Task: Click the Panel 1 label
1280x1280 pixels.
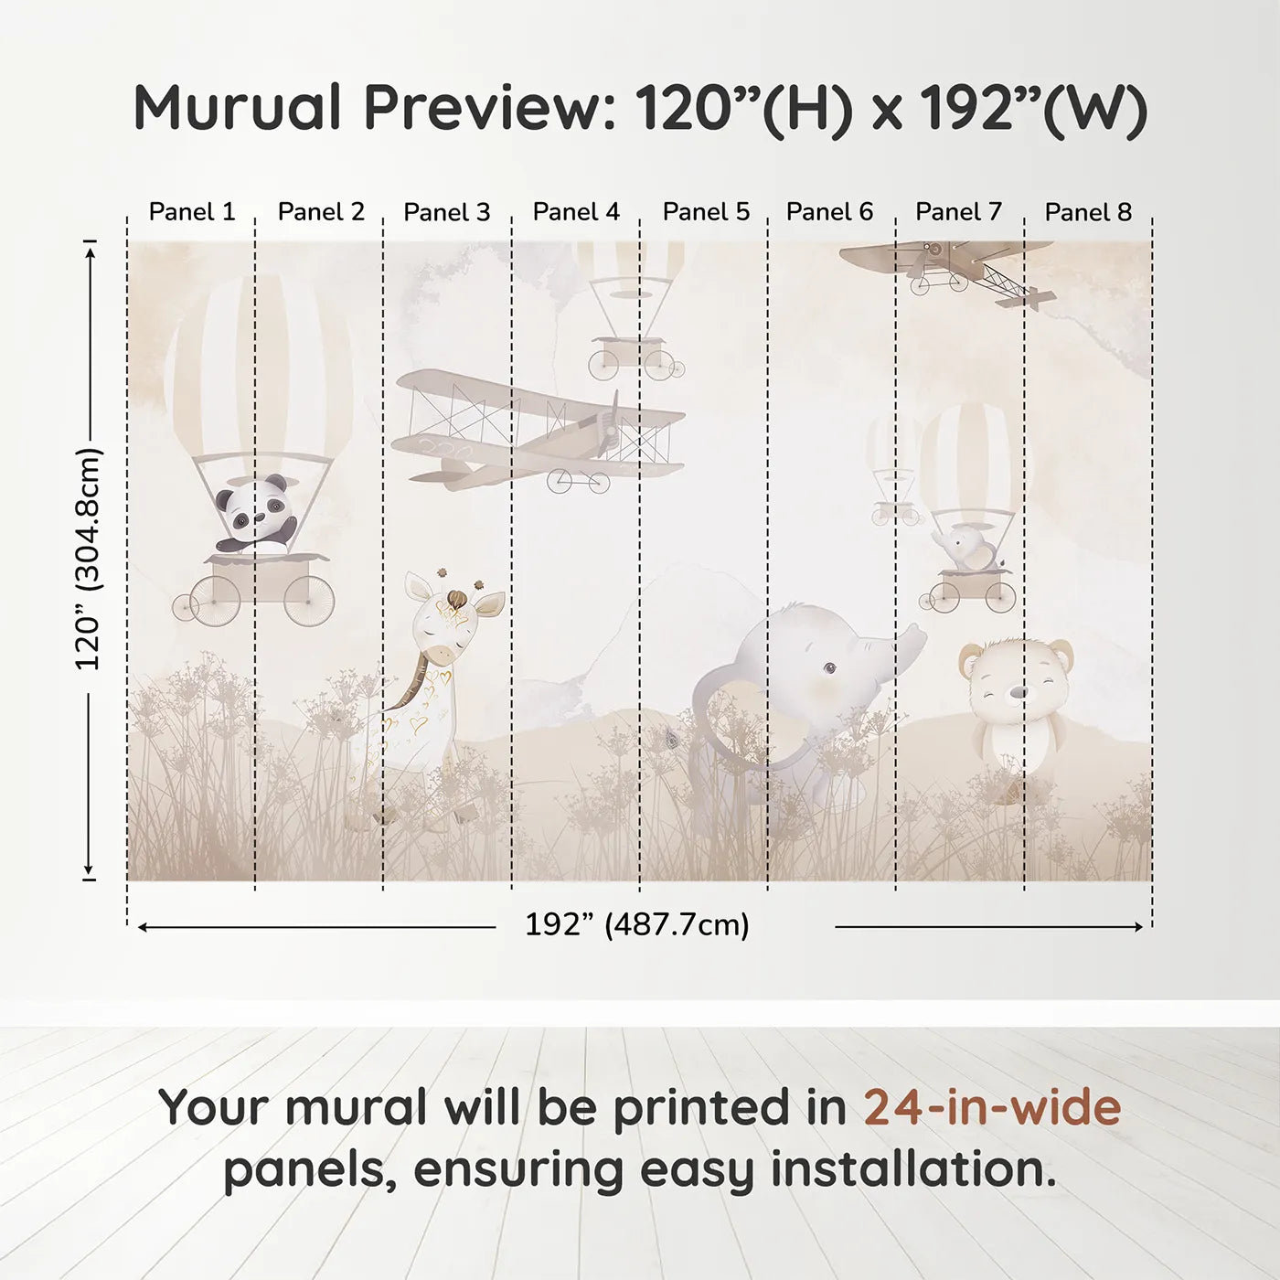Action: click(x=192, y=212)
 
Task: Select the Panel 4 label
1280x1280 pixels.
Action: click(x=576, y=212)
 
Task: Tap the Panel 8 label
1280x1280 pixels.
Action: click(x=1088, y=212)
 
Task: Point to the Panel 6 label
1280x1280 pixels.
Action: click(x=829, y=212)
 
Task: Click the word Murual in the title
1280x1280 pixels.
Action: click(x=238, y=108)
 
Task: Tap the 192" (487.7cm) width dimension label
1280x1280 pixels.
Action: click(x=636, y=925)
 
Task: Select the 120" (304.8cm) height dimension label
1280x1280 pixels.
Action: click(x=89, y=559)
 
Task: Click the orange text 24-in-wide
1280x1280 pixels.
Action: click(x=992, y=1107)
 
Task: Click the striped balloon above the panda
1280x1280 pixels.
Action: click(x=259, y=366)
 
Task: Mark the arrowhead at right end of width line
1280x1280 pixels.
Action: click(x=1138, y=927)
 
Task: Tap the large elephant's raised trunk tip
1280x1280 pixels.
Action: click(x=914, y=632)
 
